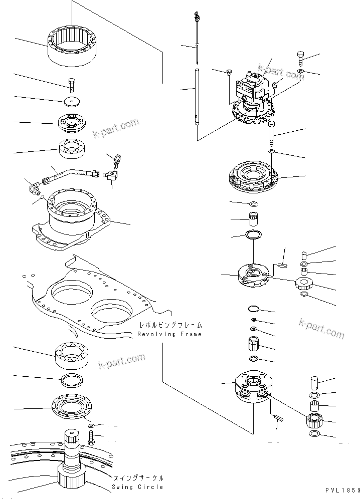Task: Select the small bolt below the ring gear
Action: point(71,85)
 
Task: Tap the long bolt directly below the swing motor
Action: point(271,132)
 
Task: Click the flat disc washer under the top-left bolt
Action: point(71,102)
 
